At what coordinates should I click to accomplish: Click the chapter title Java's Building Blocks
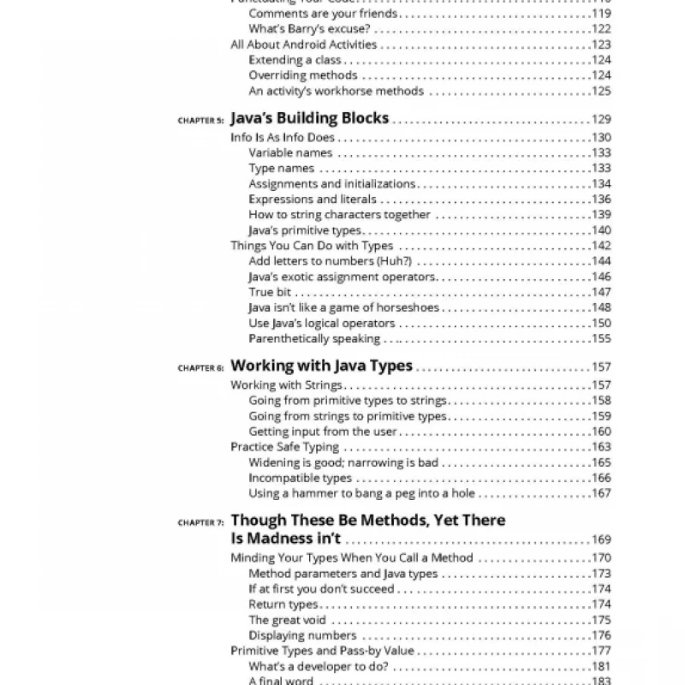(309, 118)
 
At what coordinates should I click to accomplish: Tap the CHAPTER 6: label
(201, 368)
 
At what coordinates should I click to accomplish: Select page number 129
(601, 120)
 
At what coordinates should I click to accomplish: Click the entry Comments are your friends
(323, 14)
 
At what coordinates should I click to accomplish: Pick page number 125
(601, 91)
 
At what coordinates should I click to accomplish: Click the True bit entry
(270, 292)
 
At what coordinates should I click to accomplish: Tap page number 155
(601, 338)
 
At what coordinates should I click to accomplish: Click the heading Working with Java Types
(322, 366)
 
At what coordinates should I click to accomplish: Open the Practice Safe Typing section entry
(284, 447)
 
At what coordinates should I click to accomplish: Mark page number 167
(601, 493)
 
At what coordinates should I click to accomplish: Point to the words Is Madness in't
(286, 539)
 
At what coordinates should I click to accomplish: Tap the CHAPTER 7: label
(201, 521)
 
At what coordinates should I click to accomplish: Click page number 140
(601, 230)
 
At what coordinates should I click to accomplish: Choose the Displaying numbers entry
(302, 635)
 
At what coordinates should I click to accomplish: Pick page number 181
(601, 666)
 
